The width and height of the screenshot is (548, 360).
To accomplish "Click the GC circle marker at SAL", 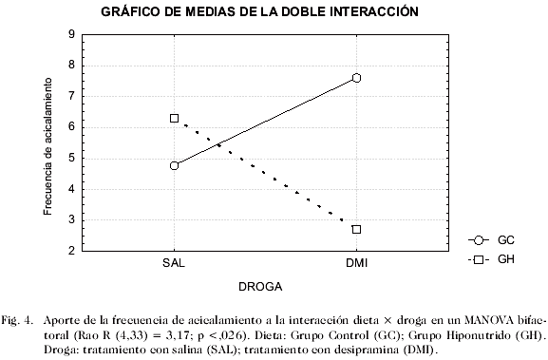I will tap(175, 165).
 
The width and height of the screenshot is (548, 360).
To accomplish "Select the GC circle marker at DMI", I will tap(356, 78).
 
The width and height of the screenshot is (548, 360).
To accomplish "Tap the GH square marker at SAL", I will tap(175, 118).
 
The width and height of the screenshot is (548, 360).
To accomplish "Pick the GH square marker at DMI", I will tap(356, 229).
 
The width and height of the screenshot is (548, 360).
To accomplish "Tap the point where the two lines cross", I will tap(219, 144).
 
